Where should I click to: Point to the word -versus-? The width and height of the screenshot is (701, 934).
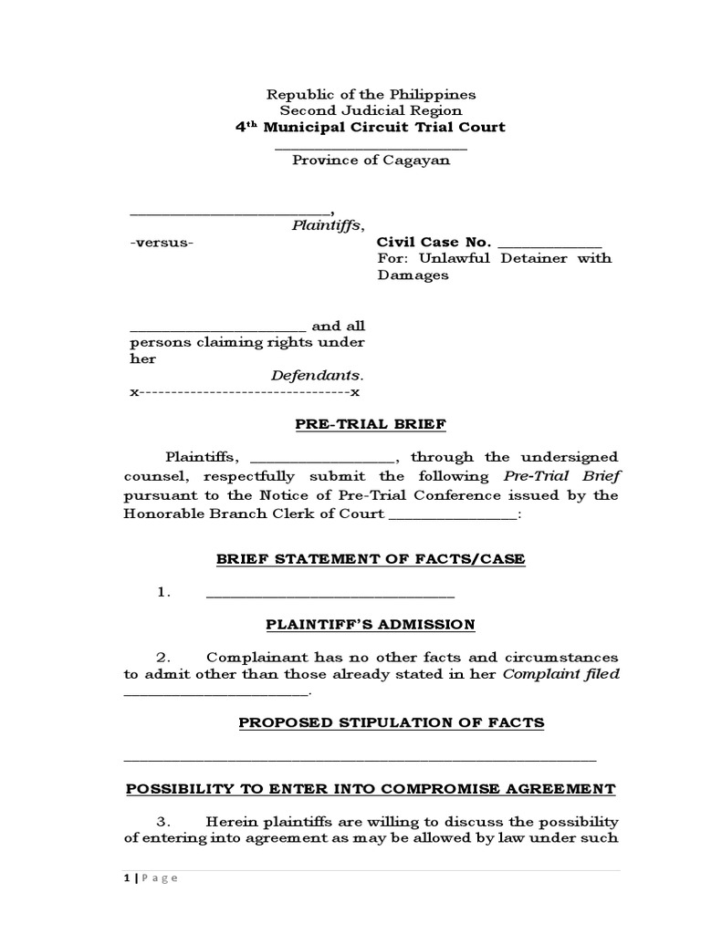click(162, 243)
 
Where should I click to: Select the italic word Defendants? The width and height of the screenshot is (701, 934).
click(317, 376)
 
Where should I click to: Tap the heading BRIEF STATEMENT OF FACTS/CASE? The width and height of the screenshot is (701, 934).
click(370, 559)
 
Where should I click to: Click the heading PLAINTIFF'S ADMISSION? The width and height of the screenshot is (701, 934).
click(370, 625)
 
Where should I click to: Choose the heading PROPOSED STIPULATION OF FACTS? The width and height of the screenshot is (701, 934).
click(391, 723)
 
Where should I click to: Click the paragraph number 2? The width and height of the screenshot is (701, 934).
click(164, 658)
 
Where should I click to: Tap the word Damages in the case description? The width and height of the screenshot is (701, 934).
click(413, 275)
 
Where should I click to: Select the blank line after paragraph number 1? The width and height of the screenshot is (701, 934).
click(330, 595)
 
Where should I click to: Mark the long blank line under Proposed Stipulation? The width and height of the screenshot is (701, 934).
click(359, 759)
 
